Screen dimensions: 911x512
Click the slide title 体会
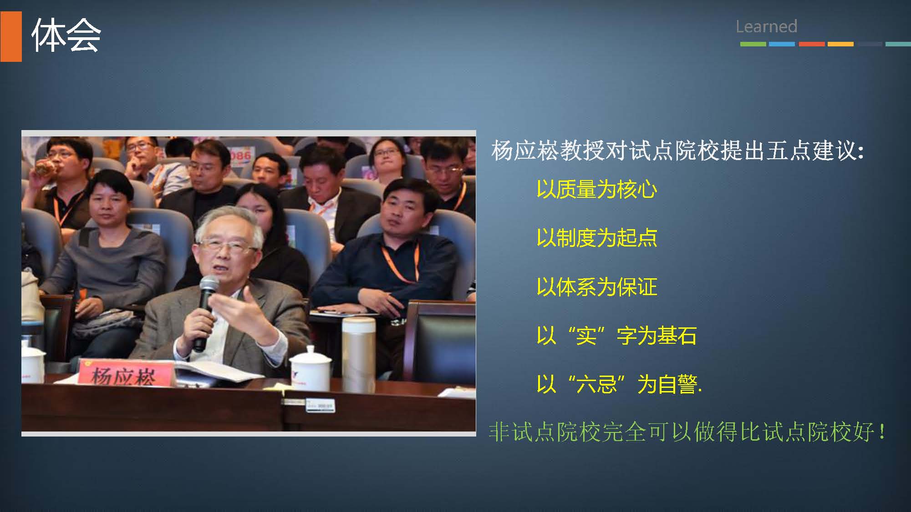click(66, 35)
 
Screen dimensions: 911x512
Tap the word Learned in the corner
click(766, 26)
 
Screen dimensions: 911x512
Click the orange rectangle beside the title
click(11, 36)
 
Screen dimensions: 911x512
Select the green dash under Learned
click(753, 44)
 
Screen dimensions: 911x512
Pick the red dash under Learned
click(812, 44)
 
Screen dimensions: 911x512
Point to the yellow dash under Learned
click(840, 44)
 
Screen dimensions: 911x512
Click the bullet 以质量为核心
click(597, 189)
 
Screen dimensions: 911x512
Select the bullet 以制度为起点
click(597, 238)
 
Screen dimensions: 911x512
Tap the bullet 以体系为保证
click(597, 287)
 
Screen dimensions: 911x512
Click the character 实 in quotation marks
click(586, 336)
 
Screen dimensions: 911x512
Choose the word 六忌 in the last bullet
click(596, 384)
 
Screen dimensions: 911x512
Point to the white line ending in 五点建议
click(677, 151)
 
